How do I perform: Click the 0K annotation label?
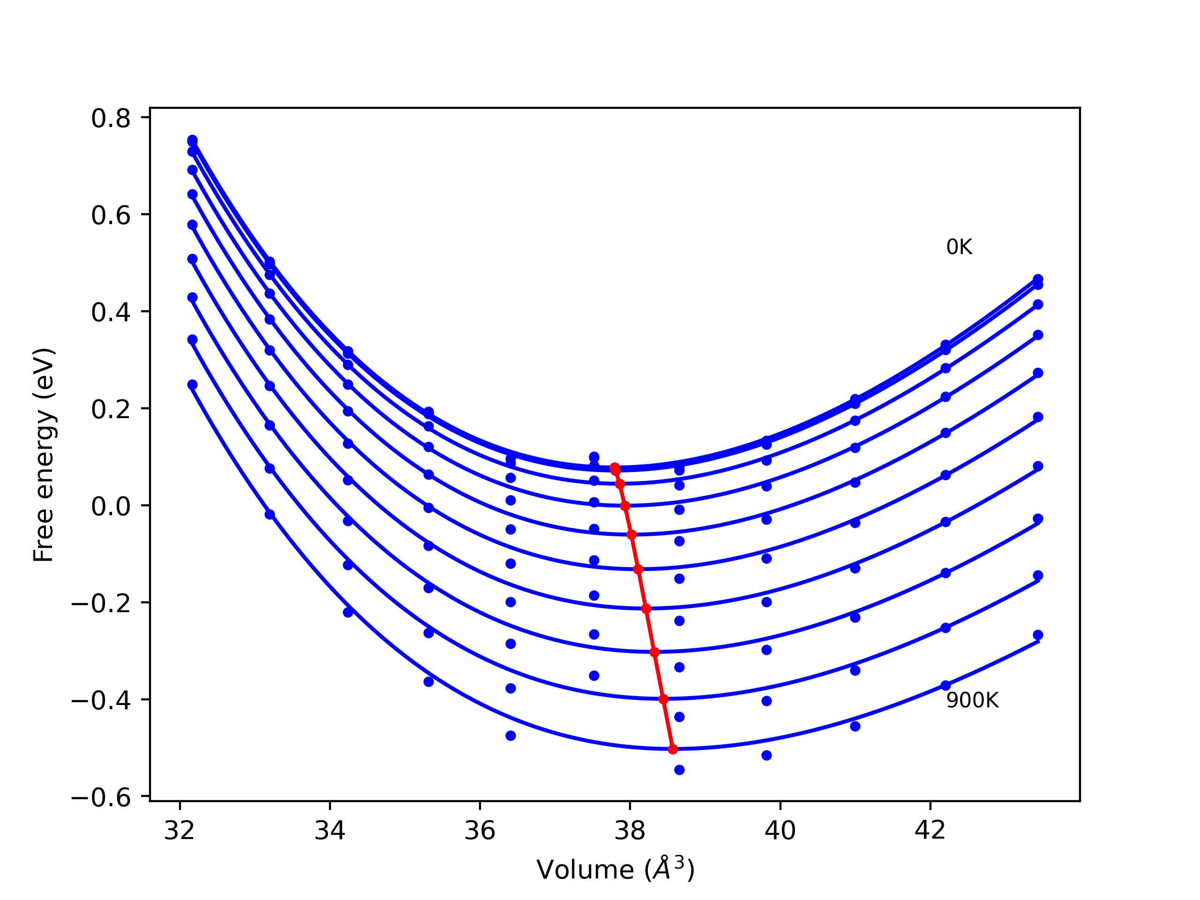pos(959,247)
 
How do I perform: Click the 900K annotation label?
pos(972,701)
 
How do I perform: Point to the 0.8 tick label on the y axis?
pos(111,119)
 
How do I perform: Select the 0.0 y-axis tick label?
pos(111,507)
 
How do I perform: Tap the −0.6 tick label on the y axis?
pos(101,797)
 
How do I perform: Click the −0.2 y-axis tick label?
pos(101,604)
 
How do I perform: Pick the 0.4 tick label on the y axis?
pos(111,313)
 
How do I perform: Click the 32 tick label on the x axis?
pos(180,831)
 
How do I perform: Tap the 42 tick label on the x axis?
pos(930,831)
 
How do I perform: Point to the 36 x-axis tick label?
pos(480,831)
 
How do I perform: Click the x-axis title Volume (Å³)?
pos(615,870)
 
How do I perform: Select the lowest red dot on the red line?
pos(673,749)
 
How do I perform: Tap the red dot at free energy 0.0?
pos(625,506)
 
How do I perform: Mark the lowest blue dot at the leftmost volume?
pos(192,385)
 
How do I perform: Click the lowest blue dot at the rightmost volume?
pos(1038,635)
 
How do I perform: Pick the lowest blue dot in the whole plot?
pos(679,770)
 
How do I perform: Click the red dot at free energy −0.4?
pos(663,699)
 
